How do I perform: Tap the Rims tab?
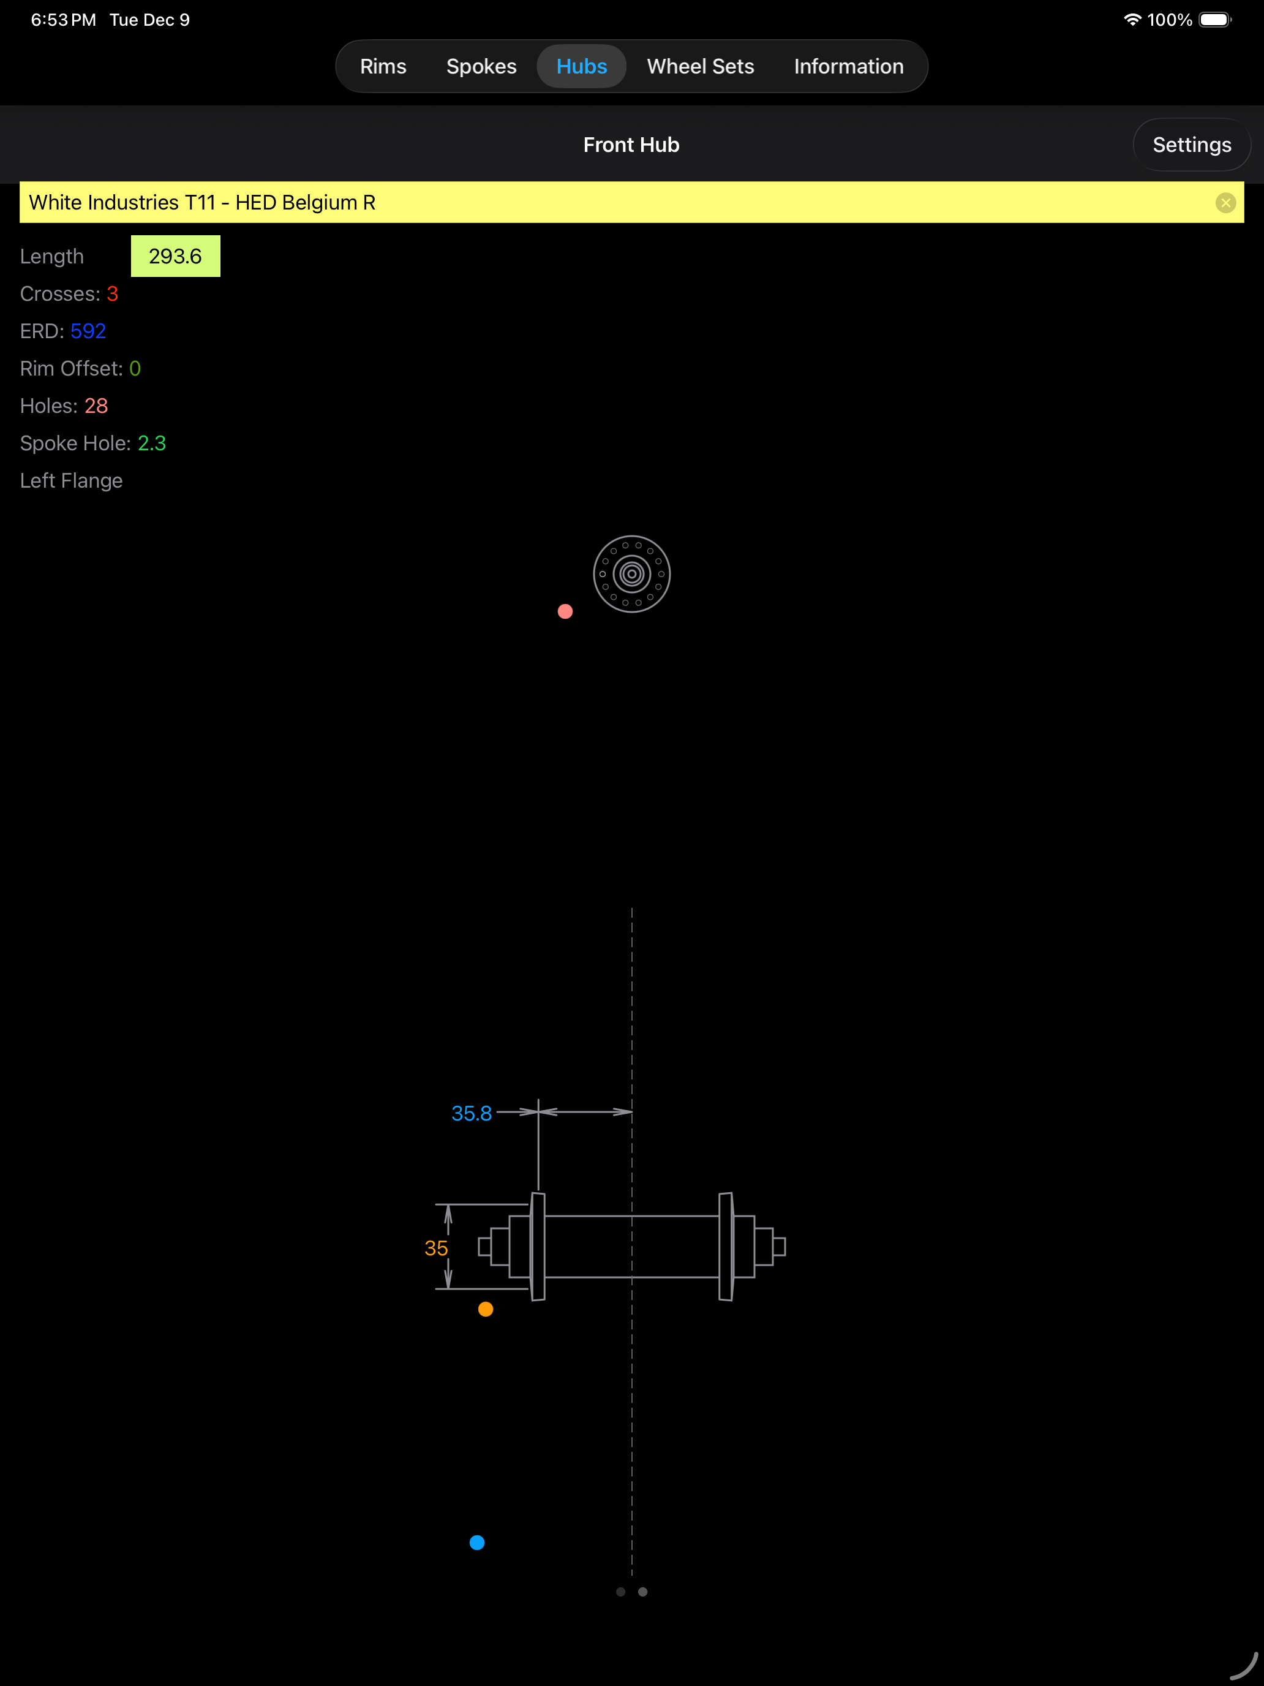(383, 66)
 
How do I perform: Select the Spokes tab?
(481, 66)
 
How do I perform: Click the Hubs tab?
(581, 66)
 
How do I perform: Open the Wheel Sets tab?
(700, 66)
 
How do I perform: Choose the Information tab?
(849, 66)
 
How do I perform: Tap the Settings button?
(1192, 145)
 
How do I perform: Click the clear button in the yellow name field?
(1225, 203)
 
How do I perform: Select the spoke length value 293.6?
(175, 256)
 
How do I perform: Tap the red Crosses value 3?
(113, 294)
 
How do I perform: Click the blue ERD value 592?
(88, 331)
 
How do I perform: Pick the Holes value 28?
(96, 406)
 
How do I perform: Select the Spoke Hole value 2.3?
(152, 444)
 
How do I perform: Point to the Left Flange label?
(71, 481)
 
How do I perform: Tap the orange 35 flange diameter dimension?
(436, 1249)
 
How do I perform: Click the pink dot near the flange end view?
(565, 611)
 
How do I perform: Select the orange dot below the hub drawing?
(486, 1309)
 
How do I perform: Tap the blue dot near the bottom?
(477, 1543)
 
